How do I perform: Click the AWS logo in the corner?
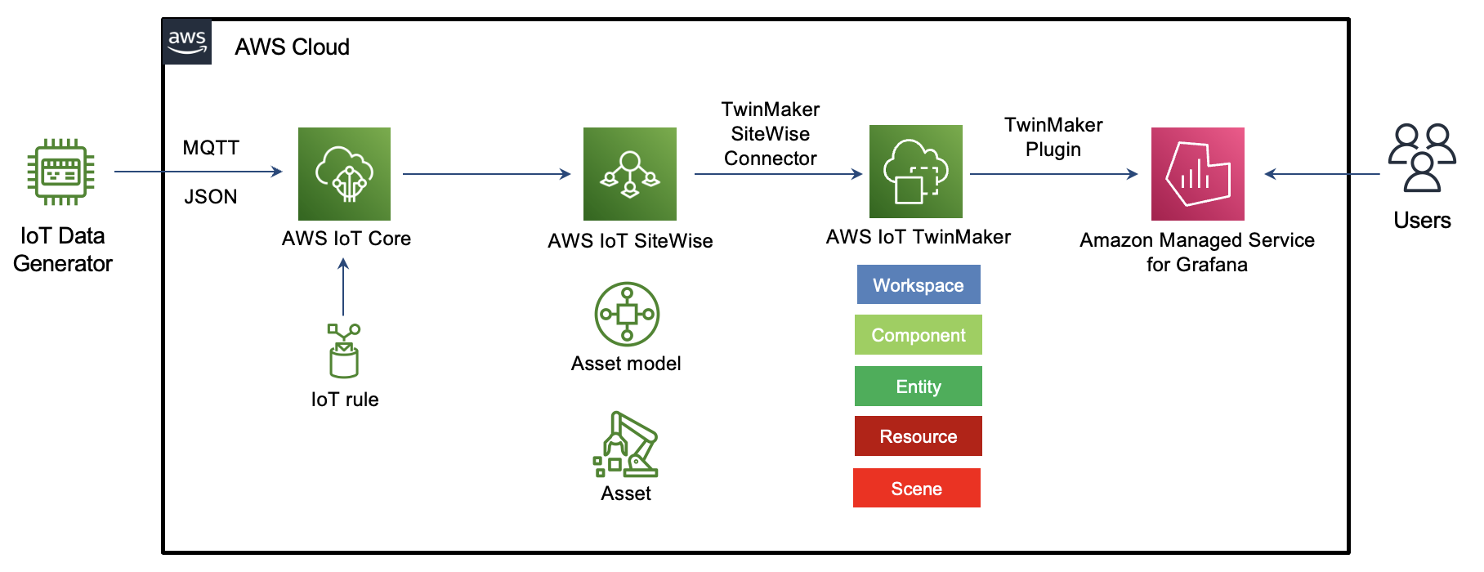tap(187, 42)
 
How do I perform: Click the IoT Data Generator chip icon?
tap(61, 172)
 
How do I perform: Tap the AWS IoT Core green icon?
tap(344, 173)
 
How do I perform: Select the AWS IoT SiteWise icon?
tap(629, 173)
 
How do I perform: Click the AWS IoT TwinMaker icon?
tap(915, 172)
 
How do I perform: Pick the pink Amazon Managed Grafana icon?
tap(1197, 173)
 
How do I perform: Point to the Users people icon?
tap(1422, 158)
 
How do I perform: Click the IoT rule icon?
tap(344, 351)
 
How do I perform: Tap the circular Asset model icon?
tap(627, 315)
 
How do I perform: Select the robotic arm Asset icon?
tap(626, 445)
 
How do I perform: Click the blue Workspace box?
tap(918, 284)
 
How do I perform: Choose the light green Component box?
tap(918, 335)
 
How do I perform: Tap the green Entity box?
tap(918, 386)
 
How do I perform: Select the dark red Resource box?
tap(918, 436)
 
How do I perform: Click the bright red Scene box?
tap(916, 488)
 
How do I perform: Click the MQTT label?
tap(211, 148)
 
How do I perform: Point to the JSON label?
tap(211, 197)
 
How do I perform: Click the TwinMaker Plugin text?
tap(1053, 137)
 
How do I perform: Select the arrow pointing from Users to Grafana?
tap(1321, 173)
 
